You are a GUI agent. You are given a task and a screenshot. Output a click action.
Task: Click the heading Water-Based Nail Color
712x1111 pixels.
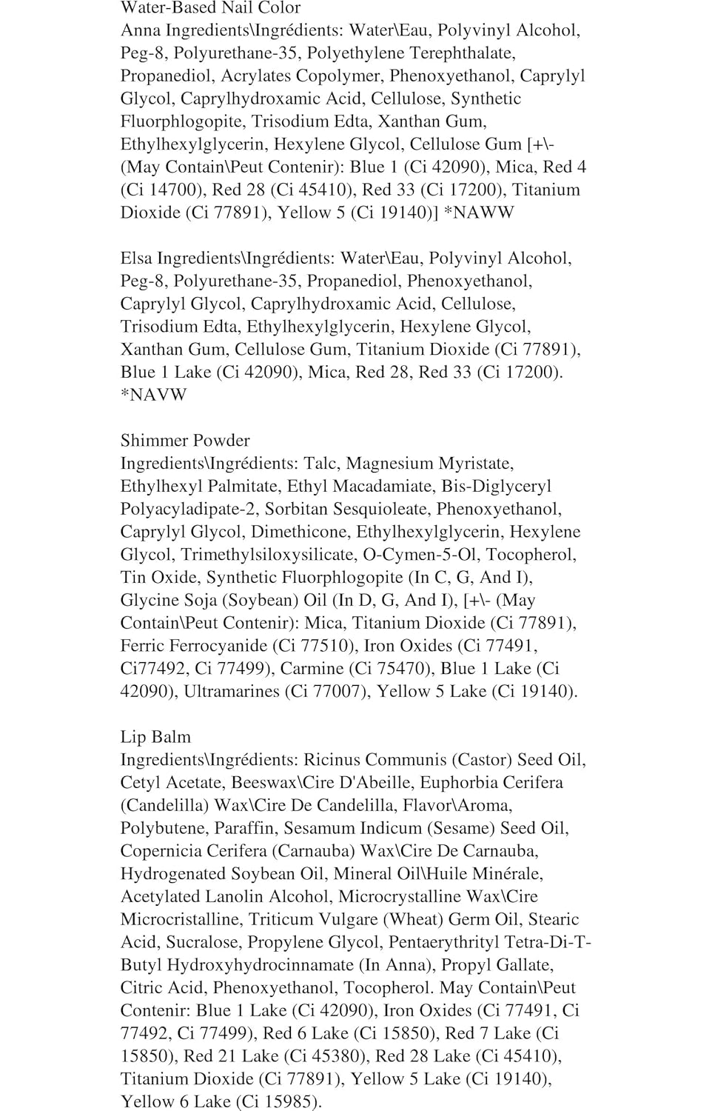coord(210,8)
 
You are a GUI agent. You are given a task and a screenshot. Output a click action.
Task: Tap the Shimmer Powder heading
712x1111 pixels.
coord(185,441)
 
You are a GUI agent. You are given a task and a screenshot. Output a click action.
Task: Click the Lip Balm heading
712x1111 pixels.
coord(155,737)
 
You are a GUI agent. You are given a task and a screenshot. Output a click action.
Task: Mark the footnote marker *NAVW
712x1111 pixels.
coord(154,395)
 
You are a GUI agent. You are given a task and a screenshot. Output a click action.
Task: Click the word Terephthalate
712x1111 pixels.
coord(463,53)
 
